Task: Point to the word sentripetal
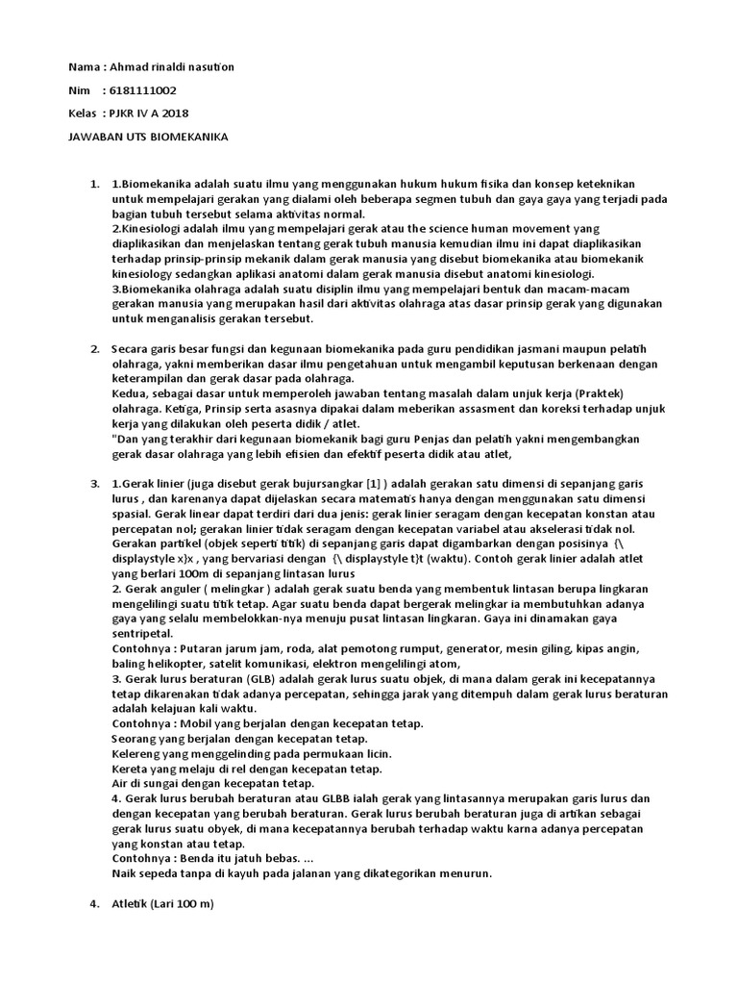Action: click(142, 634)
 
